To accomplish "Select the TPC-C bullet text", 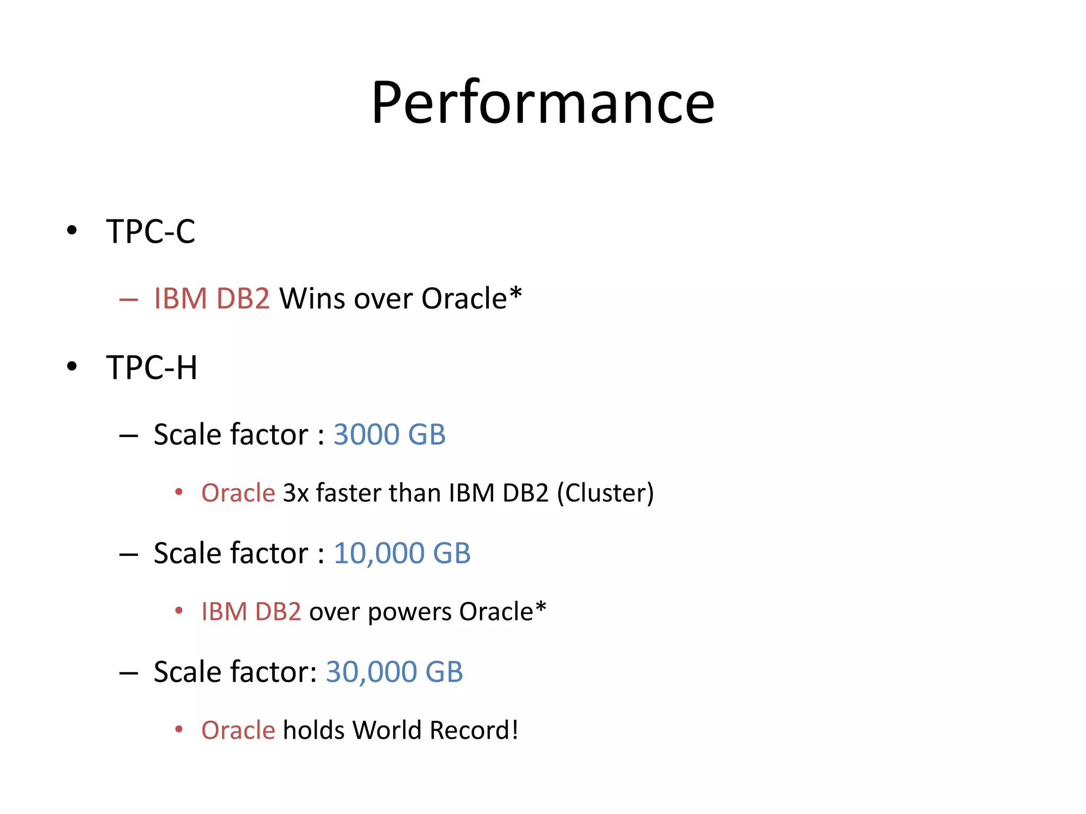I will (151, 232).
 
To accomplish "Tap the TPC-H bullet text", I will (152, 367).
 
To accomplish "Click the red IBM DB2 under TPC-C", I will (212, 298).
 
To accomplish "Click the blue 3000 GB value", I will (389, 435).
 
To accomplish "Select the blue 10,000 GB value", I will (402, 553).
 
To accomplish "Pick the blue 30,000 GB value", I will (395, 672).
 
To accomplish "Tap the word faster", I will (348, 493).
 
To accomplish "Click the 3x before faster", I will (296, 493).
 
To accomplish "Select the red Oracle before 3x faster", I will (238, 493).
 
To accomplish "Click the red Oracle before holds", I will (238, 730).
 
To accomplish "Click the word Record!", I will (474, 730).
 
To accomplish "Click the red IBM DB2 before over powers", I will (251, 612).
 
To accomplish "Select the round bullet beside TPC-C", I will (72, 231).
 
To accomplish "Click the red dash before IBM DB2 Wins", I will (129, 300).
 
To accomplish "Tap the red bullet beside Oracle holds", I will (179, 730).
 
